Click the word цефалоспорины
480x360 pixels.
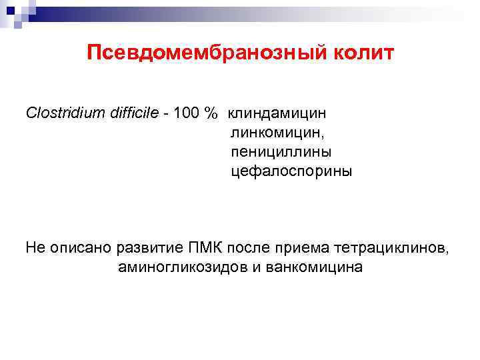(x=291, y=171)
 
